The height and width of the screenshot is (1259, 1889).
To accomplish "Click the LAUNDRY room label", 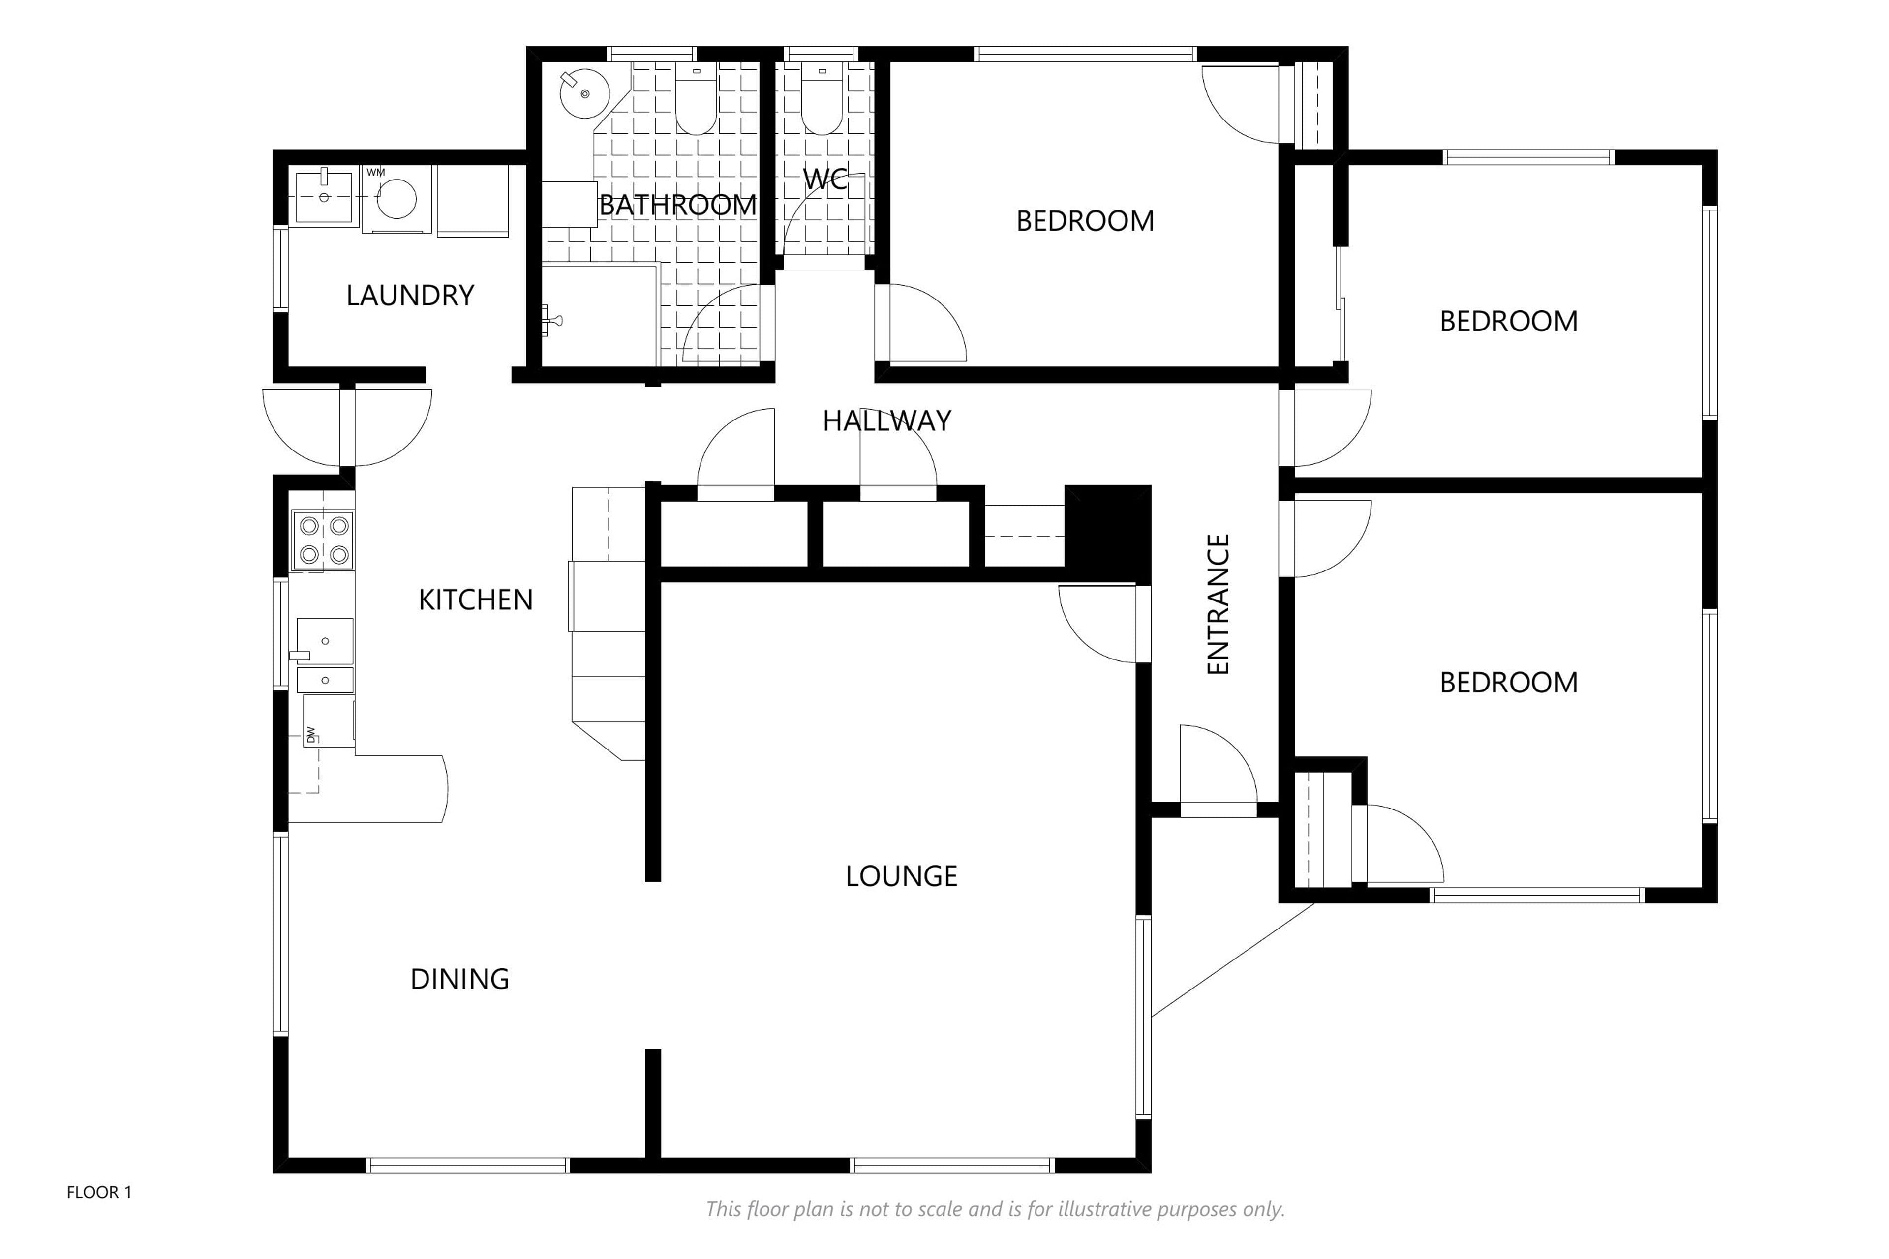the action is click(x=410, y=296).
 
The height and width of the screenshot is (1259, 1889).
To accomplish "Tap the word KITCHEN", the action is click(x=476, y=600).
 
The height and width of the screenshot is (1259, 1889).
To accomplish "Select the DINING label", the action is click(x=459, y=979).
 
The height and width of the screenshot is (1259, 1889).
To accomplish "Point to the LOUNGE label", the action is click(x=901, y=876).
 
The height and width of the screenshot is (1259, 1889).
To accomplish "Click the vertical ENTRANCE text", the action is click(x=1219, y=604).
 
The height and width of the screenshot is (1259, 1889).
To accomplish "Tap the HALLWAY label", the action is click(x=886, y=421).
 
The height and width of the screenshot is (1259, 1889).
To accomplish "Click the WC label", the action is click(x=825, y=178).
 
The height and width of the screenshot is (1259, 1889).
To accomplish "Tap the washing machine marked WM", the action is click(x=397, y=199).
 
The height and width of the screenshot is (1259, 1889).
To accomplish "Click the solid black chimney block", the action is click(x=1107, y=533).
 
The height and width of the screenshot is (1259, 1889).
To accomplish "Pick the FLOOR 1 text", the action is click(x=99, y=1192).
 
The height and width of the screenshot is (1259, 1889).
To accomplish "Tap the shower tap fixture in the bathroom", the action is click(x=552, y=320).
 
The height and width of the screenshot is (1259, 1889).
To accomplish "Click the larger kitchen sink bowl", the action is click(x=325, y=639).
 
